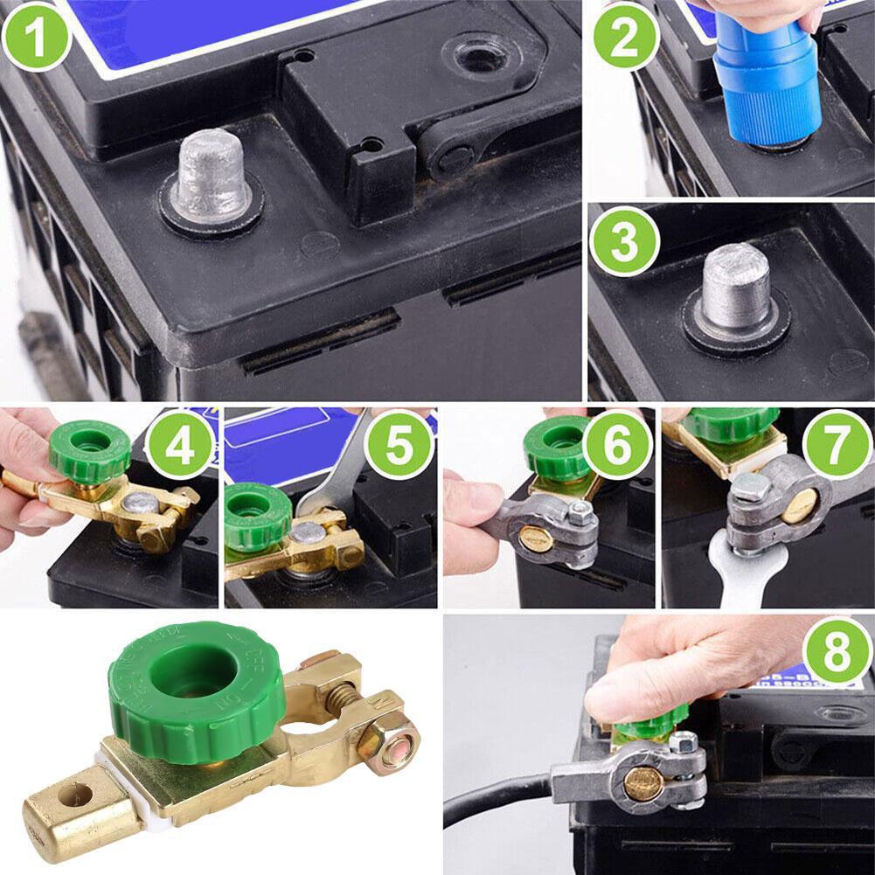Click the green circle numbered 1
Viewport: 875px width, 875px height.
click(x=36, y=36)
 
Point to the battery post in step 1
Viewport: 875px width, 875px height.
click(x=207, y=178)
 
